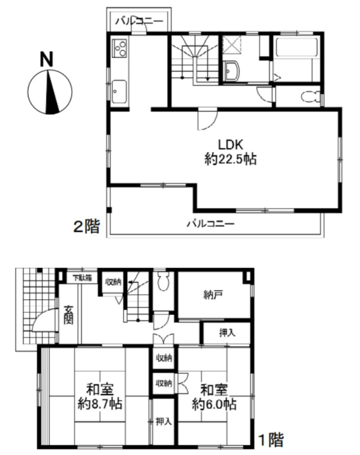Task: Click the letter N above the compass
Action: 47,60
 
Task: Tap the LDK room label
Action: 230,145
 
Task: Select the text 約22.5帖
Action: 231,159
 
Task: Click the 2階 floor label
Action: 86,226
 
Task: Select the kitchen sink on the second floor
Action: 120,91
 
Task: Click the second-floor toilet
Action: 311,97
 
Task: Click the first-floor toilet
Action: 163,281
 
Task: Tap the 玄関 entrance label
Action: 69,315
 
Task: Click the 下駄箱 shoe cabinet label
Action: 82,278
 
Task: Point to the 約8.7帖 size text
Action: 100,405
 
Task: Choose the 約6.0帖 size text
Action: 214,405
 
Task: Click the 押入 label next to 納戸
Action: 227,333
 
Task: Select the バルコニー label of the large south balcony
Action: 211,223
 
